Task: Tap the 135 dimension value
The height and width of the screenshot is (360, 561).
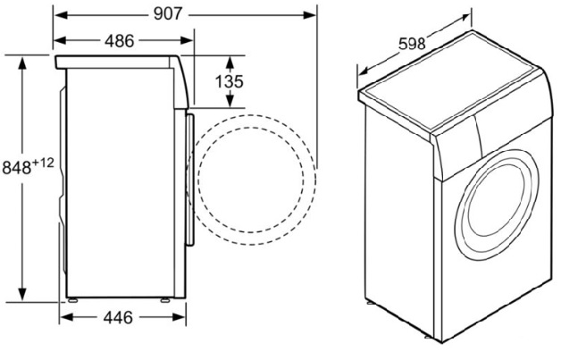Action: (230, 82)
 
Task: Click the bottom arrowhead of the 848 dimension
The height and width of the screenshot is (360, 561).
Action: (22, 302)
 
